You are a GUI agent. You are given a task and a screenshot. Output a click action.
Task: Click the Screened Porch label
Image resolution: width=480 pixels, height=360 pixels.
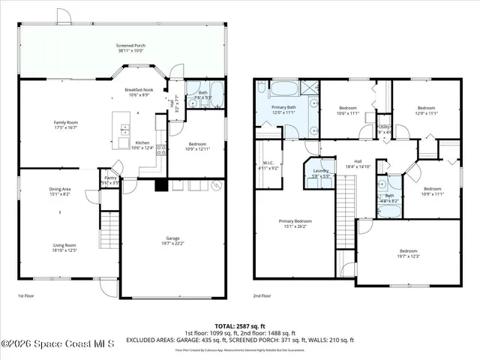(x=131, y=48)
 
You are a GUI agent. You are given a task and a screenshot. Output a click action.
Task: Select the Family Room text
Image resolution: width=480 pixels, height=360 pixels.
(x=66, y=124)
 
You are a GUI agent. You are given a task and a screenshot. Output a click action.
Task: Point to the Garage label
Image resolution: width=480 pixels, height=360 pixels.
(x=172, y=241)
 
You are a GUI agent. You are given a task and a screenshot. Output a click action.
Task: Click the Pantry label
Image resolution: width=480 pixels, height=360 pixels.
(x=110, y=180)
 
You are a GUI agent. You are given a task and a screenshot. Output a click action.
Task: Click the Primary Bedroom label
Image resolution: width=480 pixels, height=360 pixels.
(x=295, y=223)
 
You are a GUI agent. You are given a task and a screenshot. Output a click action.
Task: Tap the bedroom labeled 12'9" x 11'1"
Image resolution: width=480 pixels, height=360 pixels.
(x=426, y=109)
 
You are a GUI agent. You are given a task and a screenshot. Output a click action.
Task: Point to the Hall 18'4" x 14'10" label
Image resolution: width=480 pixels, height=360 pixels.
(x=358, y=165)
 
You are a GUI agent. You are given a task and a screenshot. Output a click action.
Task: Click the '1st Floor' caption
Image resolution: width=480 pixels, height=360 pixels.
(x=26, y=296)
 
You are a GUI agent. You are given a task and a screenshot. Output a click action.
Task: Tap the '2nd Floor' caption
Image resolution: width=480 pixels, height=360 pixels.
(x=262, y=296)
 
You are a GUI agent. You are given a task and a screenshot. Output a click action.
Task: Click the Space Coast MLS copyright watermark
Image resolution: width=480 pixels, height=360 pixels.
(x=58, y=344)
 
